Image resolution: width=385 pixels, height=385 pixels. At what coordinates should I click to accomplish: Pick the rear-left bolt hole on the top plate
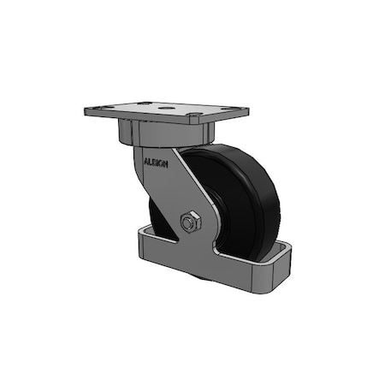click(x=147, y=104)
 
